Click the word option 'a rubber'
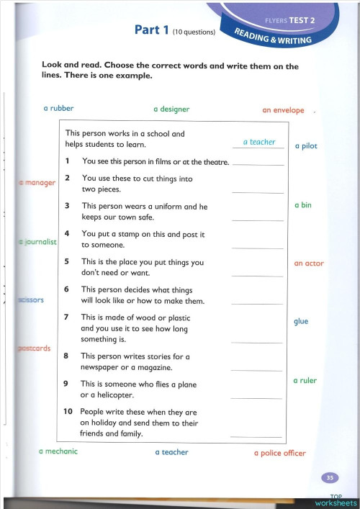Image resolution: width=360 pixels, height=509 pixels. [58, 109]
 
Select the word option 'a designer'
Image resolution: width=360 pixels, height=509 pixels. [171, 109]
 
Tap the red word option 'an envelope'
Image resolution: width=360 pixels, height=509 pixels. [283, 111]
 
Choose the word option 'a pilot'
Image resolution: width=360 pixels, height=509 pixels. [306, 146]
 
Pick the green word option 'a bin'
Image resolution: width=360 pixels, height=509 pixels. [303, 205]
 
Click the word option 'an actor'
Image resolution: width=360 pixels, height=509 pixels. [309, 263]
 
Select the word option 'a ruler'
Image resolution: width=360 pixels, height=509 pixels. [305, 380]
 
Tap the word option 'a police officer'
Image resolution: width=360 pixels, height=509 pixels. [280, 454]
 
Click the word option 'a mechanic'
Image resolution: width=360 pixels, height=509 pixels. [58, 451]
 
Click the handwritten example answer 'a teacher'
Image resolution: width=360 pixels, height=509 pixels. [259, 143]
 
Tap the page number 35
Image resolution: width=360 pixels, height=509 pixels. [330, 477]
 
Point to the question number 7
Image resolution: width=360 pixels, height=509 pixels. [66, 317]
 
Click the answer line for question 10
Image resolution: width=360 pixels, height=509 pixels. [256, 436]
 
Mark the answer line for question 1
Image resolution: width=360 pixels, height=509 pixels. [259, 165]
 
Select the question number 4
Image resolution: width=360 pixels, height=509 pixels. [66, 233]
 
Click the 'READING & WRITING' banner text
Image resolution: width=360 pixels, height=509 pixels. [274, 35]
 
